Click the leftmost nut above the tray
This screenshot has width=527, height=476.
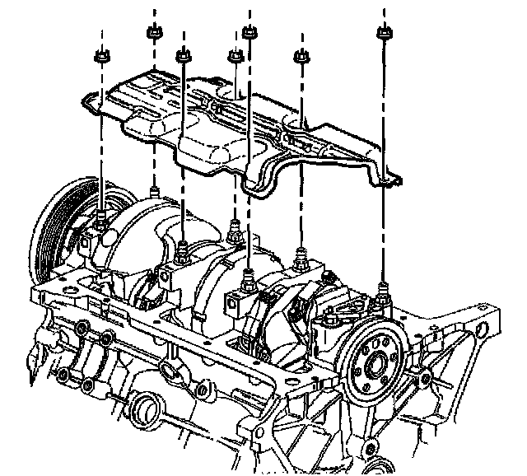(103, 58)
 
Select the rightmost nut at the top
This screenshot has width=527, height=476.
(383, 34)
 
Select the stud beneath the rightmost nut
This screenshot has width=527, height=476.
(384, 288)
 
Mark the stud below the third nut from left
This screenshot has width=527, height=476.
(182, 246)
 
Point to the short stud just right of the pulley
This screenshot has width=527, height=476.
(154, 192)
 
